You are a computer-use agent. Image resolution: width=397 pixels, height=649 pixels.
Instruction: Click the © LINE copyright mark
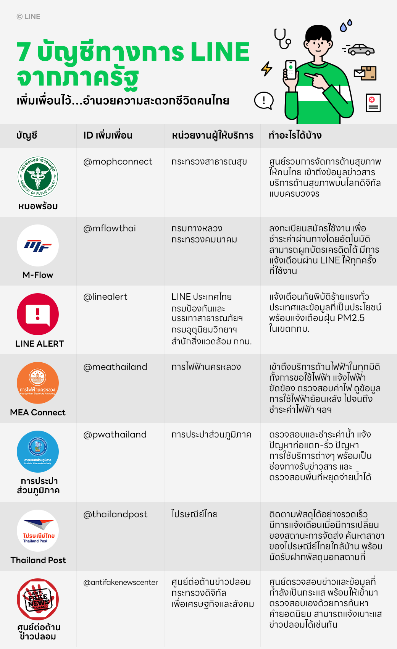tap(28, 17)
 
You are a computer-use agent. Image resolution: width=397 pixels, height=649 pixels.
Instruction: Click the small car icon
tap(361, 50)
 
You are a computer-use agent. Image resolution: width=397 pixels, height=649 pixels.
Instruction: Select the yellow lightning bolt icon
tap(266, 69)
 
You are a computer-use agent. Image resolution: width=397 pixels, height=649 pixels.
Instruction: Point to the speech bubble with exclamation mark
tap(264, 101)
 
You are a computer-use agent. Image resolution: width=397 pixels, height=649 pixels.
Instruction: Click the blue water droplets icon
tap(346, 26)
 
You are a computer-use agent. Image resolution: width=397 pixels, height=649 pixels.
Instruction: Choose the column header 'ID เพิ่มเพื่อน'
tap(108, 136)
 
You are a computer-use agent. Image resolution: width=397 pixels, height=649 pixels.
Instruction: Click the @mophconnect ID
tap(118, 162)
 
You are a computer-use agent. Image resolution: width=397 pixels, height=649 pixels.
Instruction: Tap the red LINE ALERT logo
tap(38, 314)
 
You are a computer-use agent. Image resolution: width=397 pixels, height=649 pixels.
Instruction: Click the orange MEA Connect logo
tap(38, 383)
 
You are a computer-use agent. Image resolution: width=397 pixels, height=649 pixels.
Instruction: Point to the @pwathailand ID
tap(115, 435)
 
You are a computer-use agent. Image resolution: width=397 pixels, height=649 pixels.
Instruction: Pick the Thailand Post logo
tap(38, 531)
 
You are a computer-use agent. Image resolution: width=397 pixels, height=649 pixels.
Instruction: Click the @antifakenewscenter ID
tap(121, 583)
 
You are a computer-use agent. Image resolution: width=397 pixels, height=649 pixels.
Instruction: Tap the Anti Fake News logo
tap(38, 599)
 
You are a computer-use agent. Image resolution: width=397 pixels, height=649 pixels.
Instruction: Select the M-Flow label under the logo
tap(38, 275)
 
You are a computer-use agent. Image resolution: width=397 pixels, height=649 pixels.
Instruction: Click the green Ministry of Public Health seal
tap(38, 177)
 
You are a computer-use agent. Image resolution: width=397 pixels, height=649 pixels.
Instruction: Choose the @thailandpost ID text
tap(115, 515)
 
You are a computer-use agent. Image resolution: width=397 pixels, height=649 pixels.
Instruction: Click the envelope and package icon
tap(365, 73)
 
